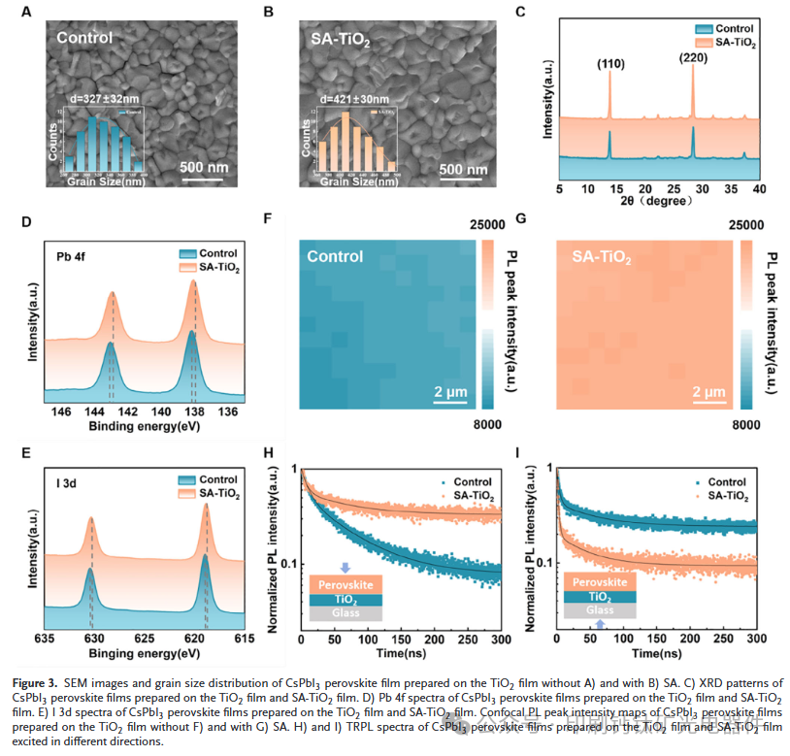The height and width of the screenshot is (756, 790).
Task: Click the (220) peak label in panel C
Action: point(694,57)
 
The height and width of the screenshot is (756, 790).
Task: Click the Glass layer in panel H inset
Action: point(346,613)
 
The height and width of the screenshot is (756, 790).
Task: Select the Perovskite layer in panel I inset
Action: point(601,582)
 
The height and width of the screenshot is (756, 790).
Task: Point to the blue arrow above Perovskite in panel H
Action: point(346,568)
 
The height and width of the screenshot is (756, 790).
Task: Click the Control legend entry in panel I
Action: point(727,481)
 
